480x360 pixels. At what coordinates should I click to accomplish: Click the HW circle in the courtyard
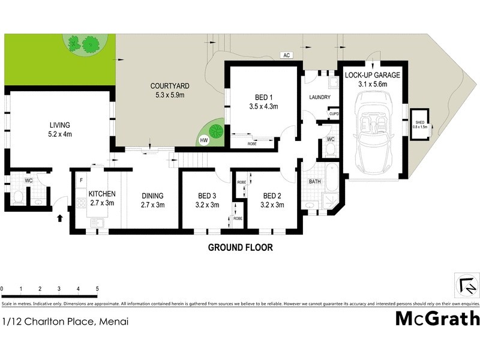point(204,140)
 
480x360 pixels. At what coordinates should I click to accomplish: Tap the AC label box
point(287,55)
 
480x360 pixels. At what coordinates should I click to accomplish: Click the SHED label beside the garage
point(420,123)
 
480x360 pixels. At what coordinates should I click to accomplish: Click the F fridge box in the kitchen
point(80,179)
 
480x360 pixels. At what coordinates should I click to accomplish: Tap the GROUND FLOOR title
point(240,247)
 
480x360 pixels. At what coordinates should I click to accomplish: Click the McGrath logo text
point(437,318)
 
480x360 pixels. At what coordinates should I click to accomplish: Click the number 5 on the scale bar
point(97,289)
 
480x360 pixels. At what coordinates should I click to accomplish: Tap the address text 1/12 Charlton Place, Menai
point(65,322)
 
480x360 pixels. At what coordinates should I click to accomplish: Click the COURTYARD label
point(170,86)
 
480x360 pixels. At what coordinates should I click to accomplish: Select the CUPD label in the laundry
point(333,112)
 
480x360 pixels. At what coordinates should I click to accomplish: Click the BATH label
point(315,181)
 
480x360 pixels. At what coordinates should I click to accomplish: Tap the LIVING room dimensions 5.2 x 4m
point(60,134)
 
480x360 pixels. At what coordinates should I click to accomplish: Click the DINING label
point(152,196)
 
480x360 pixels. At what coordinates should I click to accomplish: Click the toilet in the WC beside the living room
point(18,197)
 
